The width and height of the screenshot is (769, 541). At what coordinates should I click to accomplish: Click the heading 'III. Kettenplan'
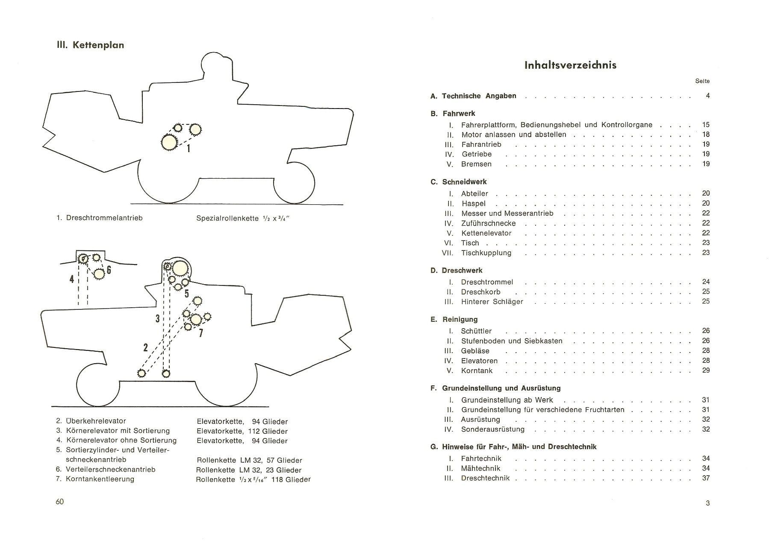(x=90, y=45)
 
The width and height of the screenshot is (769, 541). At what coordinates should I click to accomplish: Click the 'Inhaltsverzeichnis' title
(x=570, y=65)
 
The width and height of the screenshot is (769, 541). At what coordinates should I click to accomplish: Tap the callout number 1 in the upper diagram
(x=189, y=148)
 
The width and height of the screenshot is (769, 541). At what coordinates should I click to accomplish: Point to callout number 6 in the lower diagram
(x=109, y=270)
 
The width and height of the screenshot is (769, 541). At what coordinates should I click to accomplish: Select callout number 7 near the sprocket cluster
(x=200, y=332)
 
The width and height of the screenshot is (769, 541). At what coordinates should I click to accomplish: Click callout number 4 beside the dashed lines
(x=71, y=279)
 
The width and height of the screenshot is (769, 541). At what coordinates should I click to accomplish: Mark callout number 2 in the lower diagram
(x=146, y=347)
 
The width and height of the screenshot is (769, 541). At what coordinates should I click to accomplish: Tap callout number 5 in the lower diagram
(x=186, y=294)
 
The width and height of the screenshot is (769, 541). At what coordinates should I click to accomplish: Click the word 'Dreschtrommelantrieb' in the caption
(x=104, y=218)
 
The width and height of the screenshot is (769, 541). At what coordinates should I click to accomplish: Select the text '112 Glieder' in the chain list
(x=268, y=431)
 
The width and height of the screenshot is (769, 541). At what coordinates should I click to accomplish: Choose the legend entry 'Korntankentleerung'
(x=100, y=479)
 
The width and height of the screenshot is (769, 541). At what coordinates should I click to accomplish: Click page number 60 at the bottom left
(x=59, y=502)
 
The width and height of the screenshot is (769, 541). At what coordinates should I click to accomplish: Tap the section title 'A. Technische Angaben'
(x=473, y=96)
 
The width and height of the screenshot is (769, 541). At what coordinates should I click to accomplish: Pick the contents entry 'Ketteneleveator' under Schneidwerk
(x=486, y=233)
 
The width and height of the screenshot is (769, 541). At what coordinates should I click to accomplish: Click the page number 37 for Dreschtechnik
(x=706, y=478)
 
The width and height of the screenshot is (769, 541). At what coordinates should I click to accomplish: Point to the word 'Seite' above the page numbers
(x=702, y=81)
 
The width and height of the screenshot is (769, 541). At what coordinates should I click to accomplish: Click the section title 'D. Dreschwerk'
(x=456, y=270)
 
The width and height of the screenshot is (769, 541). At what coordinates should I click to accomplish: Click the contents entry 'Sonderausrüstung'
(x=492, y=429)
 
